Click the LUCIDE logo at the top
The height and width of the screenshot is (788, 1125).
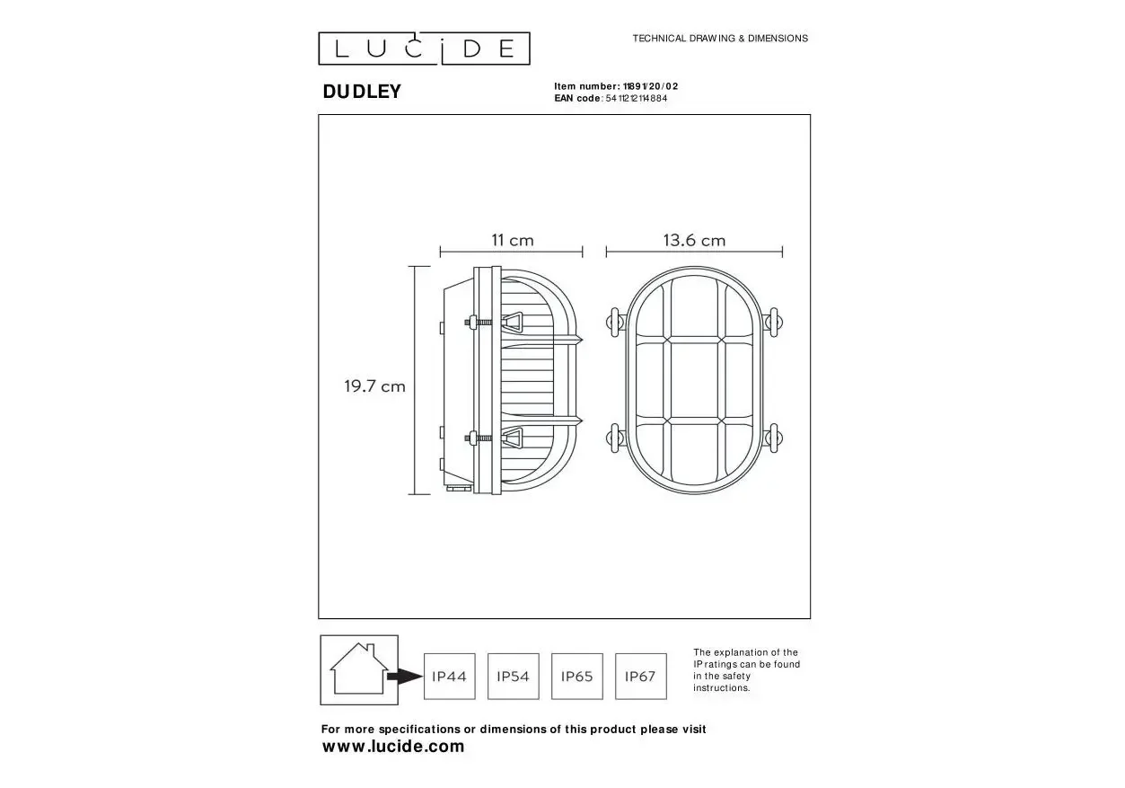[x=424, y=49]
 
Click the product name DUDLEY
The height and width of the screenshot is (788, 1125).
[x=362, y=92]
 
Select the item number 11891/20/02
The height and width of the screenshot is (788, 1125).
[x=650, y=86]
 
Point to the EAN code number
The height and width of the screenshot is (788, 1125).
[x=637, y=99]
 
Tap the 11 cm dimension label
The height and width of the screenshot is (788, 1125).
[x=513, y=240]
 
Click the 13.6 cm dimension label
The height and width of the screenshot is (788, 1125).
[x=694, y=240]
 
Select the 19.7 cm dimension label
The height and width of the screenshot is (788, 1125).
[x=374, y=386]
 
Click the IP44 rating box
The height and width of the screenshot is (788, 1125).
[x=450, y=676]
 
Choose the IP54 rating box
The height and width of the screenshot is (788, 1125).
[x=514, y=676]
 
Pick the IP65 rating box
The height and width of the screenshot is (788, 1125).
[x=577, y=676]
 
